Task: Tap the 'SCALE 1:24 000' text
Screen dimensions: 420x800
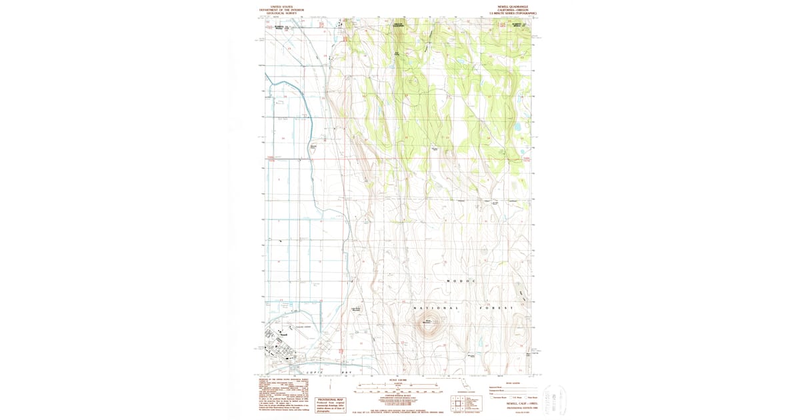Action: coord(399,381)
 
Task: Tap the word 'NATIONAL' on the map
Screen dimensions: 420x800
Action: coord(437,308)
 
